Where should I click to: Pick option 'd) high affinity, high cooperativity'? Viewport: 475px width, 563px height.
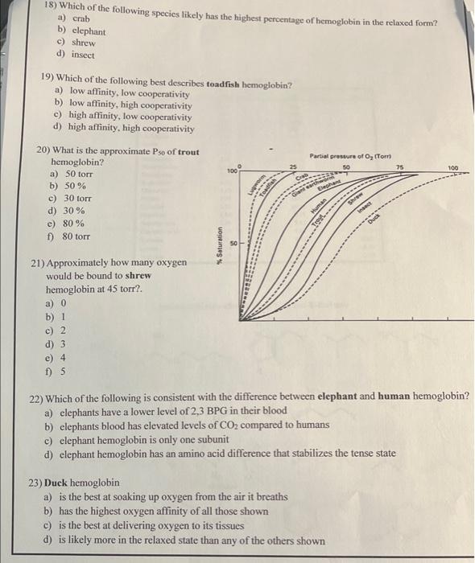coord(122,128)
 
